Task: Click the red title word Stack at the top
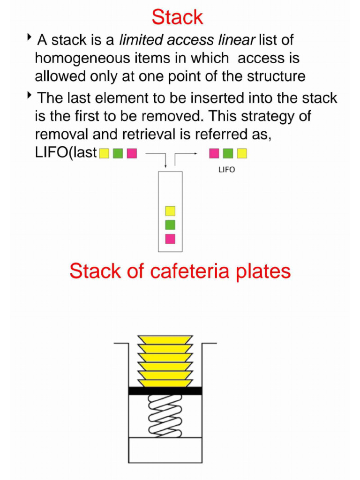[177, 18]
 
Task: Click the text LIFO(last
[66, 153]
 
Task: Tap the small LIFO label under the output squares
[227, 170]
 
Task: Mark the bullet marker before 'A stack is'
[30, 37]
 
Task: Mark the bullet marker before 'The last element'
[30, 95]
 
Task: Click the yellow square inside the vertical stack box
[170, 211]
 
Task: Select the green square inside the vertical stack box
[170, 225]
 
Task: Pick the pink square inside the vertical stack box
[170, 239]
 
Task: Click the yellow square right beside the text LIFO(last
[104, 153]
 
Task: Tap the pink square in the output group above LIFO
[214, 153]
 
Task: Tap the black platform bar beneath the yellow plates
[165, 390]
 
